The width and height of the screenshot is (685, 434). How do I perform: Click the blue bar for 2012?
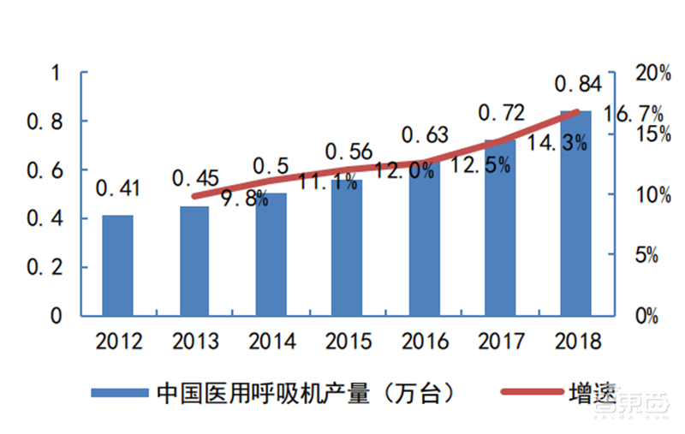[x=117, y=265]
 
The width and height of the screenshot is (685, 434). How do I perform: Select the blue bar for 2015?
[x=347, y=247]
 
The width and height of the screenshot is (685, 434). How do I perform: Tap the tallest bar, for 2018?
[x=575, y=213]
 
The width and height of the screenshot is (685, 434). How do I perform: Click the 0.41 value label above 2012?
[x=119, y=187]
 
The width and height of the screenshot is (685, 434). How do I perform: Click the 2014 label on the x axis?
[x=271, y=342]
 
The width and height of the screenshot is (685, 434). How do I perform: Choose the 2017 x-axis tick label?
[x=501, y=342]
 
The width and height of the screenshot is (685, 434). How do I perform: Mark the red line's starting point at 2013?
[x=194, y=196]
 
